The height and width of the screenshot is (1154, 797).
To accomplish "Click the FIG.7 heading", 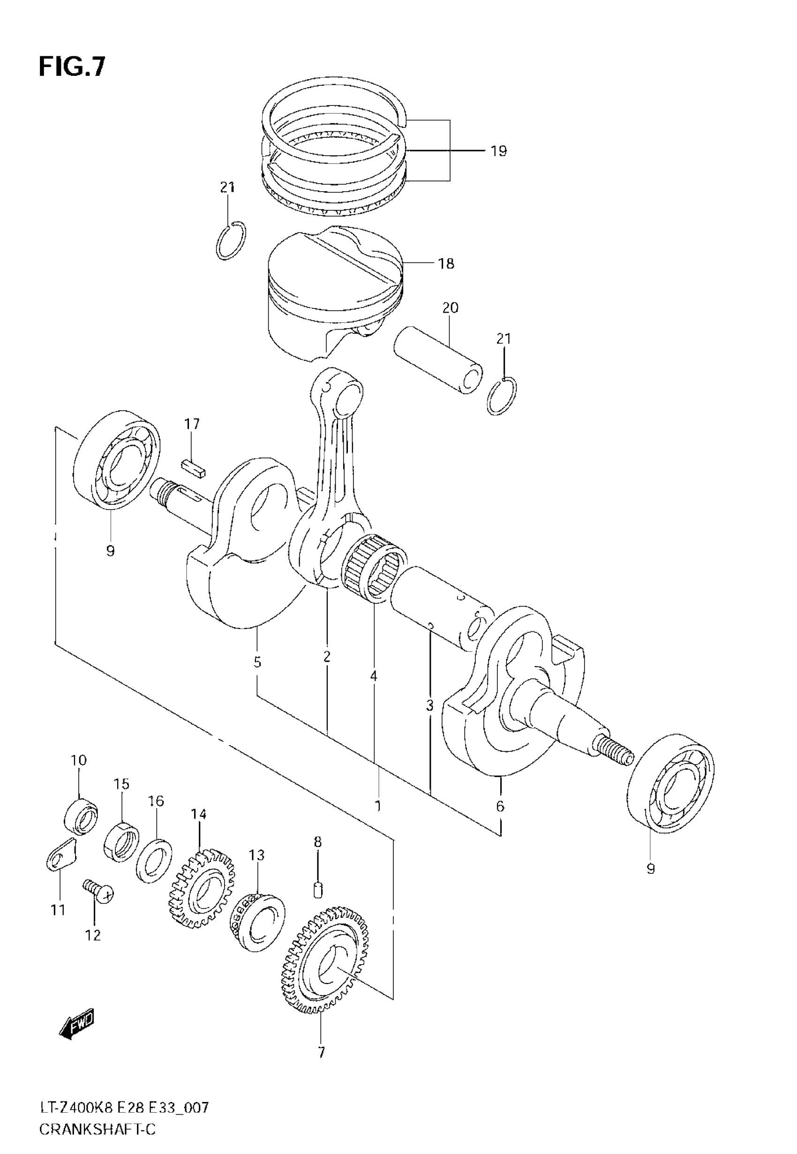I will pyautogui.click(x=72, y=67).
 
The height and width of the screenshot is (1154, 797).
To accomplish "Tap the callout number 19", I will pyautogui.click(x=498, y=151).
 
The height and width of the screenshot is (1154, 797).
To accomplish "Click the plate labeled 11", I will pyautogui.click(x=60, y=855).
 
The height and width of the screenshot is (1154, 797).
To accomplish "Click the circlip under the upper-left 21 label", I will pyautogui.click(x=231, y=240).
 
